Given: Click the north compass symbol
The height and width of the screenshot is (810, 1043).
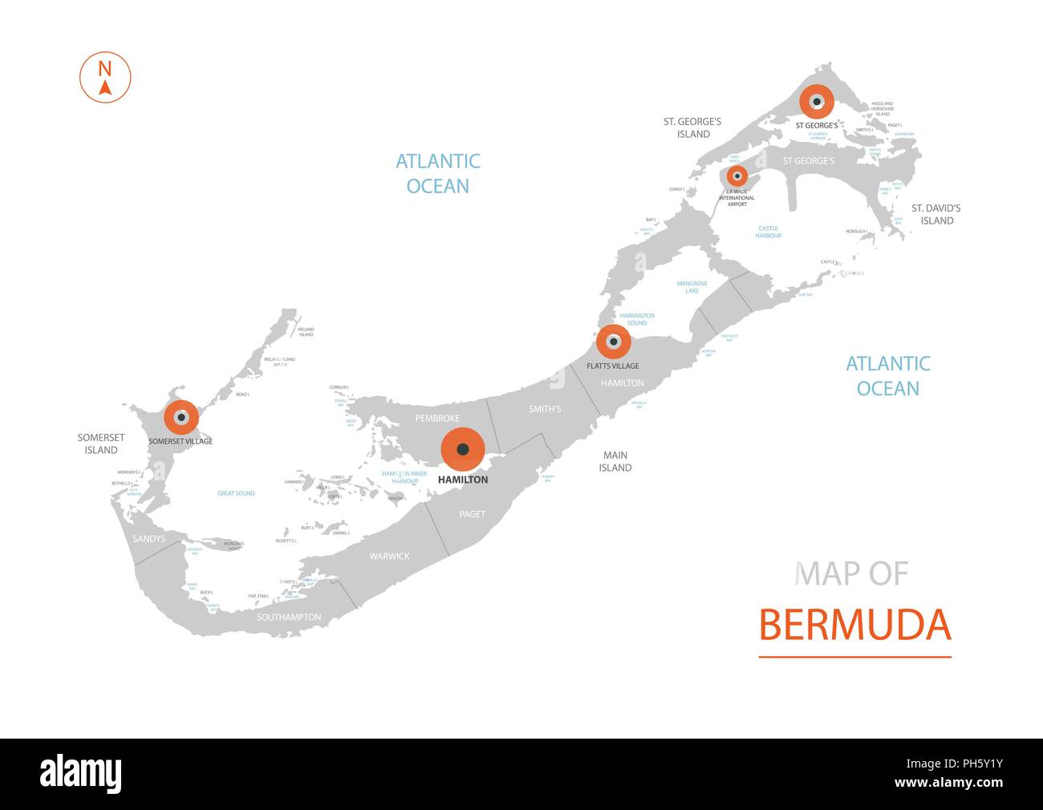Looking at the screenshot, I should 104,77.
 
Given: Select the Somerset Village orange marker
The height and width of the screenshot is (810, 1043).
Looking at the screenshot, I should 181,417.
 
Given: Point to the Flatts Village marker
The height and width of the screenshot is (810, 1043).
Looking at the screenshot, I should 613,342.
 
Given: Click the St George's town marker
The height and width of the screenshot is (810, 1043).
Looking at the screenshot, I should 817,102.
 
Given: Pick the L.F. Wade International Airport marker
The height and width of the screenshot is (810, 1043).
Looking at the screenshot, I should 737,176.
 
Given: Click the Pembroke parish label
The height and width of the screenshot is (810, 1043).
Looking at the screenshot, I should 437,419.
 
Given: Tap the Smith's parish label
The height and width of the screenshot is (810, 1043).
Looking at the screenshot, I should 545,409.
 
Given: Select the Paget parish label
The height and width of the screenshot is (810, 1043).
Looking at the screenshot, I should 472,514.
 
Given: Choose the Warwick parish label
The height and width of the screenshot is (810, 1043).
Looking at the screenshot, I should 389,556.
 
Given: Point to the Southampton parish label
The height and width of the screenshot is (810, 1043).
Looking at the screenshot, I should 289,618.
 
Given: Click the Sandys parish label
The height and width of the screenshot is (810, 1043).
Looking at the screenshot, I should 148,539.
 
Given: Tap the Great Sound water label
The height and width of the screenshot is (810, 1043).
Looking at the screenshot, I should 236,493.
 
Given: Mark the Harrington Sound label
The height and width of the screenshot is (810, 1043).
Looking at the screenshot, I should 637,319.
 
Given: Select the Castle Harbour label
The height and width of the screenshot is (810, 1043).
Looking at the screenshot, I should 768,232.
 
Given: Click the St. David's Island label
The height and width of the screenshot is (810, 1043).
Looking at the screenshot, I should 935,214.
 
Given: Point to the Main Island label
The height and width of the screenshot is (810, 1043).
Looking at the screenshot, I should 615,461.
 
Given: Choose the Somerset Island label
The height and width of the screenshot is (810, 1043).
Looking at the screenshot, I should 101,443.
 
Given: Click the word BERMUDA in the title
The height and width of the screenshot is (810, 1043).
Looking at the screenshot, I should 854,626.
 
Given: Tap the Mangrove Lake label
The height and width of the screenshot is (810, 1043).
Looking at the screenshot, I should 692,287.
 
